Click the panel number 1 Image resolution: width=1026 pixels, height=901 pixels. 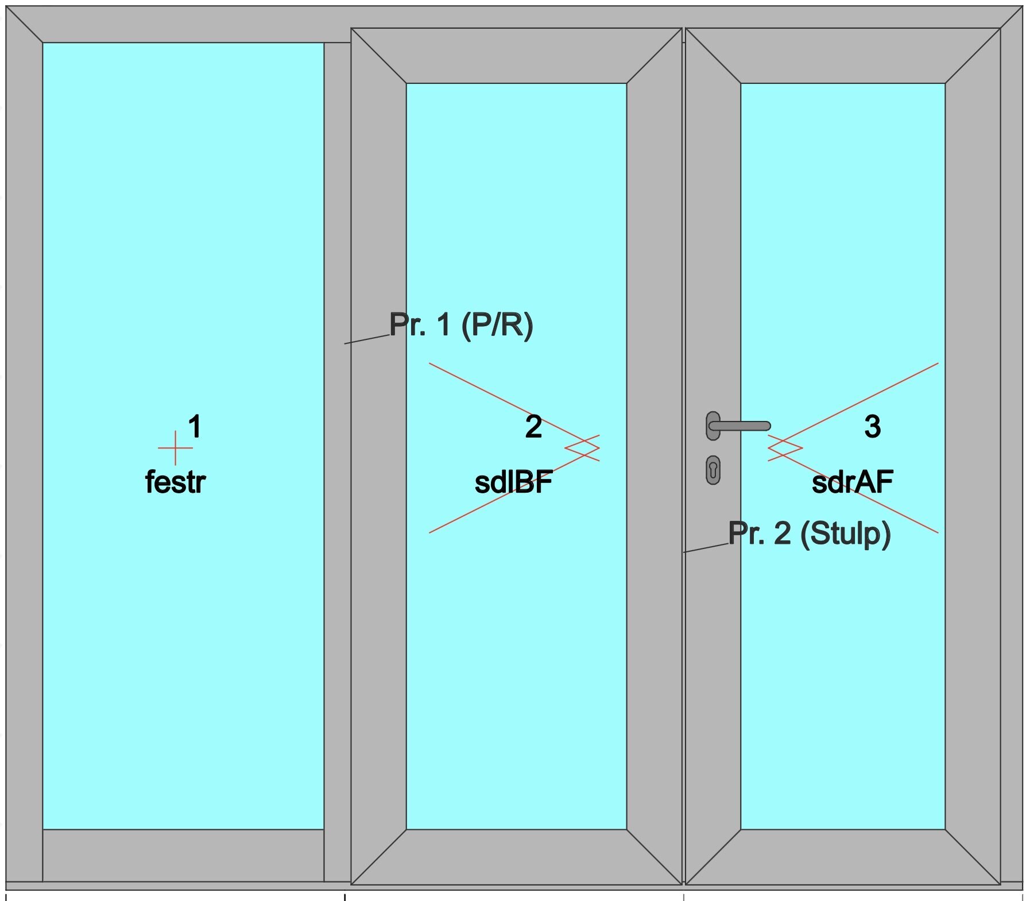point(195,427)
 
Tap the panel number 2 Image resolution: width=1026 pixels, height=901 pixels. point(533,427)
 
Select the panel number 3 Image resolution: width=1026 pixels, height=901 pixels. point(872,427)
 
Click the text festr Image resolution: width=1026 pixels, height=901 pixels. point(175,482)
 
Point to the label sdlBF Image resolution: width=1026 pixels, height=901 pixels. point(513,482)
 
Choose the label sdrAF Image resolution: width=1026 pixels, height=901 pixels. point(852,482)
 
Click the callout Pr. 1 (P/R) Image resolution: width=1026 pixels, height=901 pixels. point(461,325)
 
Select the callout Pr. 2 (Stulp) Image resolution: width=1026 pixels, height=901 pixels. point(810,533)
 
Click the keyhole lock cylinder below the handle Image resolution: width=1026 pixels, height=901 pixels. point(713,470)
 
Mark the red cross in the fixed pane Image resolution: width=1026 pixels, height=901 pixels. point(175,448)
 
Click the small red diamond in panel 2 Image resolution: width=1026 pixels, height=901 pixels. point(582,448)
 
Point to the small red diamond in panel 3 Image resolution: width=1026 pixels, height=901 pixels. point(785,448)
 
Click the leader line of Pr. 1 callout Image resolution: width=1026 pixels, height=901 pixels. point(367,339)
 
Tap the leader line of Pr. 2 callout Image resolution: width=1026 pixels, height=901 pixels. point(706,547)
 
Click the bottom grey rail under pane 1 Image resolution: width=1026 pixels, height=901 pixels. point(183,855)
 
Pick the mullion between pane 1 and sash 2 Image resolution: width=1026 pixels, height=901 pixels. point(337,459)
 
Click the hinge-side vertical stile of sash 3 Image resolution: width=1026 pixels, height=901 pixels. point(973,459)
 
